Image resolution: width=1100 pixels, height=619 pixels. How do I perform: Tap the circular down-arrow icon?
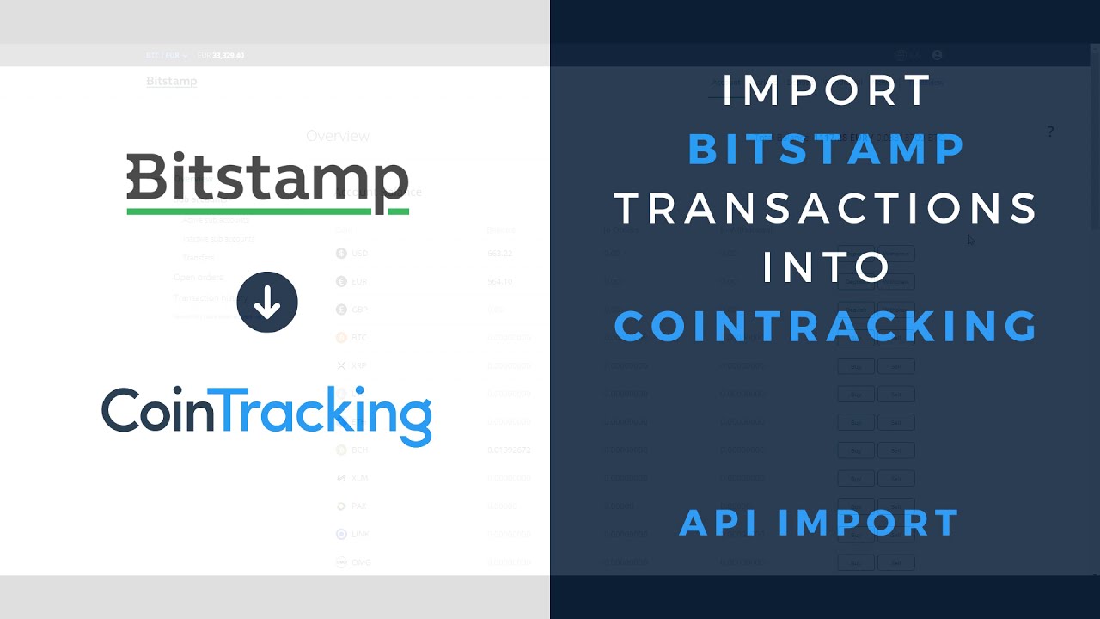click(267, 303)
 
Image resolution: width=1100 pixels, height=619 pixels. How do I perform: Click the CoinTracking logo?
click(266, 414)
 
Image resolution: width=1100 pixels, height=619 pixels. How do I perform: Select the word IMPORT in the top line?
click(827, 91)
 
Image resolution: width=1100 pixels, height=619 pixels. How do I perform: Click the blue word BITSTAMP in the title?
click(827, 150)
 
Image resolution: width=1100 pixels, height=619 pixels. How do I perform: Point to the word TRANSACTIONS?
click(827, 208)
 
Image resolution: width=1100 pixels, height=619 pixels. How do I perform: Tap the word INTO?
click(827, 267)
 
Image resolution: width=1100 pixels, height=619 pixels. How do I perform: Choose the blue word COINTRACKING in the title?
click(827, 326)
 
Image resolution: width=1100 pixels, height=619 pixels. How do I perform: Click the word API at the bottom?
click(727, 523)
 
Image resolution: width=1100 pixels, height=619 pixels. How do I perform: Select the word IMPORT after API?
click(871, 523)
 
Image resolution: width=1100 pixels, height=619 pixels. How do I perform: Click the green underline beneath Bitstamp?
click(267, 210)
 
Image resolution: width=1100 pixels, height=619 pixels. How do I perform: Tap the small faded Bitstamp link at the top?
click(171, 81)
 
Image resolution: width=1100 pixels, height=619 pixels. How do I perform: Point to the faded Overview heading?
click(338, 136)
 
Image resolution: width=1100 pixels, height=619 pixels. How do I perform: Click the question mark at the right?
click(1049, 132)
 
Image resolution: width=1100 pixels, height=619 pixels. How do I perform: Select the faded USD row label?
click(359, 254)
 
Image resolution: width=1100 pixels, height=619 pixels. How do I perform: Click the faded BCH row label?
click(359, 450)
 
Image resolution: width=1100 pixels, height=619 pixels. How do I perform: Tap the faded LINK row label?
click(360, 534)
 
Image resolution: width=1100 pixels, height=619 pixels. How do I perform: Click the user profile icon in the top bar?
click(937, 54)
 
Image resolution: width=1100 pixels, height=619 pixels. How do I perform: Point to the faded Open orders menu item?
click(199, 277)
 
